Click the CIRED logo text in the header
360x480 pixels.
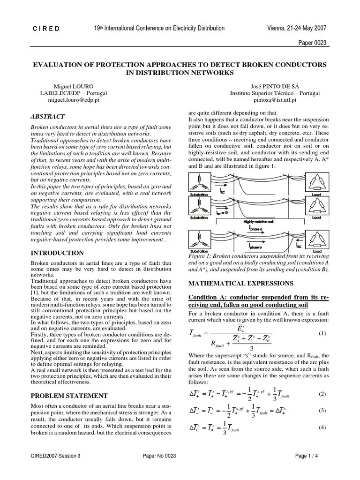pos(46,29)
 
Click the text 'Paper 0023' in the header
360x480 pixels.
pos(312,43)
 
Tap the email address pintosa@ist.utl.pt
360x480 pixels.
pos(275,100)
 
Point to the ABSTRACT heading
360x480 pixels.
pos(47,117)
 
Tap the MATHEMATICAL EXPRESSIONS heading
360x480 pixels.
pos(240,284)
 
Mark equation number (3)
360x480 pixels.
pos(322,410)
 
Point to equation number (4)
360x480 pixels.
pos(322,427)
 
